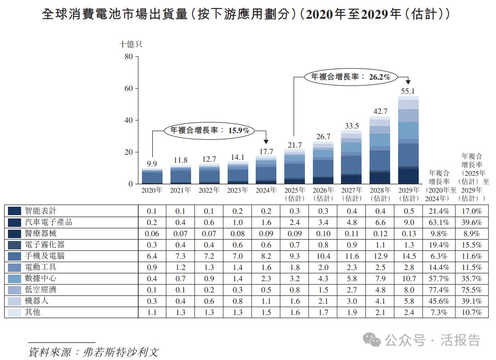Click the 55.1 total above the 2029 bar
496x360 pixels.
408,91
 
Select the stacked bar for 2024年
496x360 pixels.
266,170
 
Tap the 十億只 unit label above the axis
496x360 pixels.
131,45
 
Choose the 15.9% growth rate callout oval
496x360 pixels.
209,130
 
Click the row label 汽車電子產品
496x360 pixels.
49,222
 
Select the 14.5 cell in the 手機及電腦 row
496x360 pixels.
408,256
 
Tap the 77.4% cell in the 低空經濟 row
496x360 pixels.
438,290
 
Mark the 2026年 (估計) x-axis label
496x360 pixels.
323,194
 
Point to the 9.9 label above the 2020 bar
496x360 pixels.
152,164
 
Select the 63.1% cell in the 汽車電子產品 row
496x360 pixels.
438,222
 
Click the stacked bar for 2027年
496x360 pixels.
351,157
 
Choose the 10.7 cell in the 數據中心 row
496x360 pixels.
408,278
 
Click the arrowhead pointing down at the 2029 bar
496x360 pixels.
408,82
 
